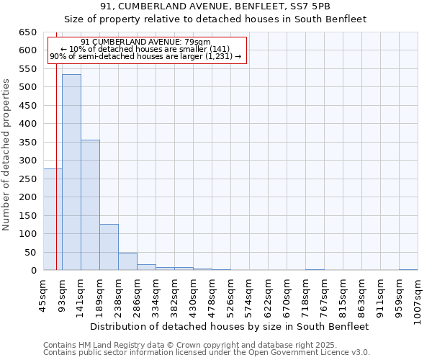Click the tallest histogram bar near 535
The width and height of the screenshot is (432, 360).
[x=71, y=173]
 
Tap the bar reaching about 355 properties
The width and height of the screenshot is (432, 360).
[x=90, y=205]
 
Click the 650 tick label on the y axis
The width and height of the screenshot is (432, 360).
[x=27, y=32]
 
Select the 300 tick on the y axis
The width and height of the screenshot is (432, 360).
[x=27, y=161]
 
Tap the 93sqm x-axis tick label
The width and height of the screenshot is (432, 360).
[x=63, y=293]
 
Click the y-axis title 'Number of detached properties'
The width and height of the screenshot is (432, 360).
[x=7, y=155]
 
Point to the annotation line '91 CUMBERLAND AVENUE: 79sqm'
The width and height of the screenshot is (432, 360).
[x=145, y=42]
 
